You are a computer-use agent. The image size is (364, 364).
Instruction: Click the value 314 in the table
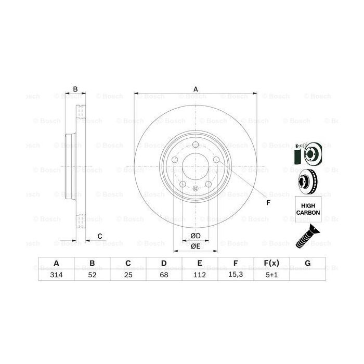[x=56, y=275]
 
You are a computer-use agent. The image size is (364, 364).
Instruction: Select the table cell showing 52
[x=92, y=275]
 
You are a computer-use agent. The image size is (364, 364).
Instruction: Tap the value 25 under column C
[x=128, y=275]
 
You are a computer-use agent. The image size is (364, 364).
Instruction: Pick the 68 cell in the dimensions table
[x=164, y=275]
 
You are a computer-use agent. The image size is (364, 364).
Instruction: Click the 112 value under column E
[x=200, y=275]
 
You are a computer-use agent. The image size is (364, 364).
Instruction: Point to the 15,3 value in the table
[x=236, y=275]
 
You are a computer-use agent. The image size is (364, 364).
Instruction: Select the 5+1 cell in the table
[x=272, y=275]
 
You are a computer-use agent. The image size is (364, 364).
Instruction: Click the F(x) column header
[x=272, y=264]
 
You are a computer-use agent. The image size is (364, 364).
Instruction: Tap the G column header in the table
[x=308, y=264]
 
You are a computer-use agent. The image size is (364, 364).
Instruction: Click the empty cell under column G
[x=308, y=275]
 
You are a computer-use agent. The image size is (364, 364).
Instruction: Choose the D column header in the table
[x=164, y=264]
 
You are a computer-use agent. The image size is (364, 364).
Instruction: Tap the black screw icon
[x=307, y=235]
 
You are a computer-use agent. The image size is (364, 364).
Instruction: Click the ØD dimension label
[x=196, y=236]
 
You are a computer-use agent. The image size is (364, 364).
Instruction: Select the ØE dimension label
[x=196, y=246]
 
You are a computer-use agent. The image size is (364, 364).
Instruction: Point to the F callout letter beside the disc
[x=269, y=203]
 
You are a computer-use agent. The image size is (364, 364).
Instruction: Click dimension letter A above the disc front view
[x=196, y=89]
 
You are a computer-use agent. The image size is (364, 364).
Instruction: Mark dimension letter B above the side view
[x=75, y=89]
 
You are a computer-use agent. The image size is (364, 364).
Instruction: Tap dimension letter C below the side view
[x=99, y=237]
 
